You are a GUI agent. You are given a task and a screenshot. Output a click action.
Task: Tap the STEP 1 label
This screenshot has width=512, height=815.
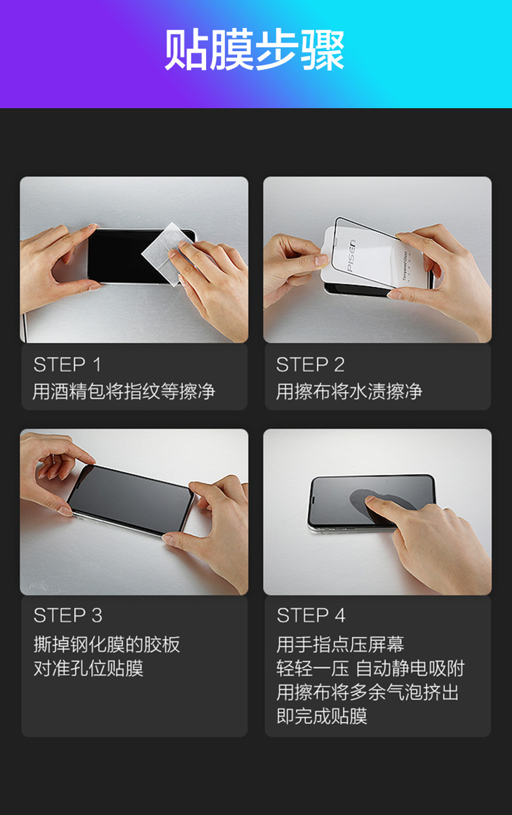(67, 365)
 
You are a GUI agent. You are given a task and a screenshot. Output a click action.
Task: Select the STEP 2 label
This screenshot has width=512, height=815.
(310, 365)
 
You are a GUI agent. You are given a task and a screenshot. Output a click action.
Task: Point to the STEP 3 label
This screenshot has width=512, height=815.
(67, 615)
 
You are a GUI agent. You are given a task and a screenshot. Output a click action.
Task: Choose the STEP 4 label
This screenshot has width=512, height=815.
(311, 615)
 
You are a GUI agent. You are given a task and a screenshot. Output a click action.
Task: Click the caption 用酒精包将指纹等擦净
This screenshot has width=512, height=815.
(123, 391)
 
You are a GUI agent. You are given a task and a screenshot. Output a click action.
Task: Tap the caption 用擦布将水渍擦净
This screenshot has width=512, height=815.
(349, 391)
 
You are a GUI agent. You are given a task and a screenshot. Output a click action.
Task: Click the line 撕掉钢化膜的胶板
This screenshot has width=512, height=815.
(107, 645)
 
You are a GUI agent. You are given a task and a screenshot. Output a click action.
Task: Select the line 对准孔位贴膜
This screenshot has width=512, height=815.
(88, 668)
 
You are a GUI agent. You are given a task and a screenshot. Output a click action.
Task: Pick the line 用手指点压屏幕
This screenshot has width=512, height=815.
(340, 645)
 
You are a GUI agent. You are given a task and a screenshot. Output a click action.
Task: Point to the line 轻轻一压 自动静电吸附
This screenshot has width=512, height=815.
(370, 668)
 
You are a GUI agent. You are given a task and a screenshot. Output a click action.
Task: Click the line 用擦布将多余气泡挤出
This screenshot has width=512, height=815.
(368, 692)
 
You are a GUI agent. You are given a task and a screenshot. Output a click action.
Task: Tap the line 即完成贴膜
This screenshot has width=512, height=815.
(322, 716)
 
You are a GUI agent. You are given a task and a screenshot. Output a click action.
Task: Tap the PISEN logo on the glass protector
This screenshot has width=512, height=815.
(351, 256)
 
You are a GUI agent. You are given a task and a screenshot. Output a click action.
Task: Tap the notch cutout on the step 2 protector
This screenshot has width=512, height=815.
(335, 243)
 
